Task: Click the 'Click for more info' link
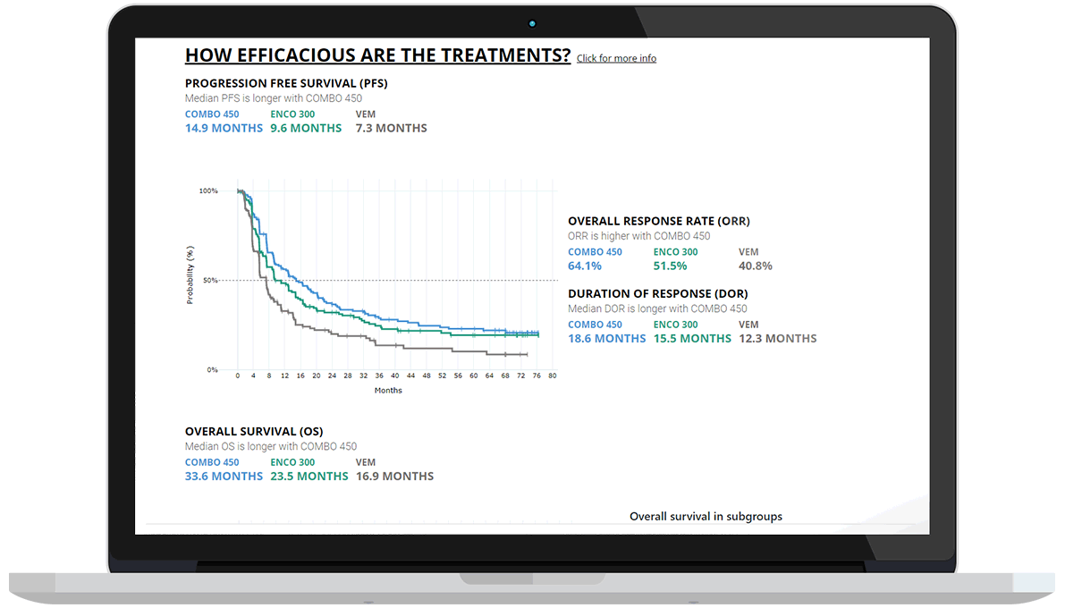click(x=616, y=59)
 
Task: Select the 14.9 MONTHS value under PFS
click(x=224, y=128)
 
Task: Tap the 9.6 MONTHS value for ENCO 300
click(x=306, y=128)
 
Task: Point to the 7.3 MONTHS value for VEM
click(x=391, y=128)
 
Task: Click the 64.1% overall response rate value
click(x=585, y=266)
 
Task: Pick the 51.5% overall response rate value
click(x=670, y=266)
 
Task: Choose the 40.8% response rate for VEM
click(x=755, y=266)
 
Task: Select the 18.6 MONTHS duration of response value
click(x=606, y=338)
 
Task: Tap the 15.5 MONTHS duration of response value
click(x=692, y=338)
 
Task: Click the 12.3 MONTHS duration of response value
click(x=777, y=338)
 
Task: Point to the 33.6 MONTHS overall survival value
click(x=224, y=476)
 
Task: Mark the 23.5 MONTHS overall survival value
click(x=309, y=476)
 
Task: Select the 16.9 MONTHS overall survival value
click(x=394, y=476)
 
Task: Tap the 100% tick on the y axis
click(x=207, y=191)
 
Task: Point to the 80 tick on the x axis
click(x=553, y=376)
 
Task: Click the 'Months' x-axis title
click(x=388, y=391)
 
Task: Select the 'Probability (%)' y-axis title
click(x=190, y=276)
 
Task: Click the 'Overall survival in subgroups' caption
click(x=706, y=517)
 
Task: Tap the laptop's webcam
click(x=532, y=23)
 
